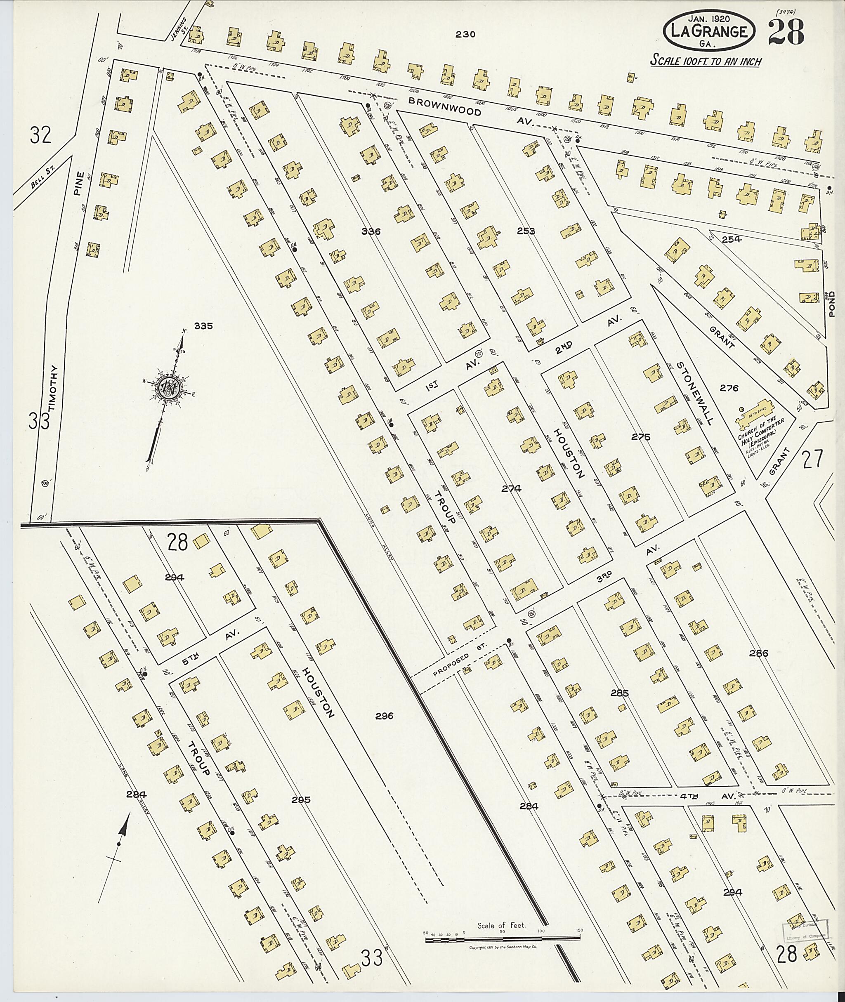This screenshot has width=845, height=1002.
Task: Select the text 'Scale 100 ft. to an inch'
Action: pos(706,62)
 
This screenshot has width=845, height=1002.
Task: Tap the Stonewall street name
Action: pos(695,393)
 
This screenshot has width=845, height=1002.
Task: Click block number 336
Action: pos(371,232)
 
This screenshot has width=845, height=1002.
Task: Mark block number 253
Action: pos(526,231)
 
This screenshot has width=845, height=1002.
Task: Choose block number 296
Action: pos(384,716)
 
